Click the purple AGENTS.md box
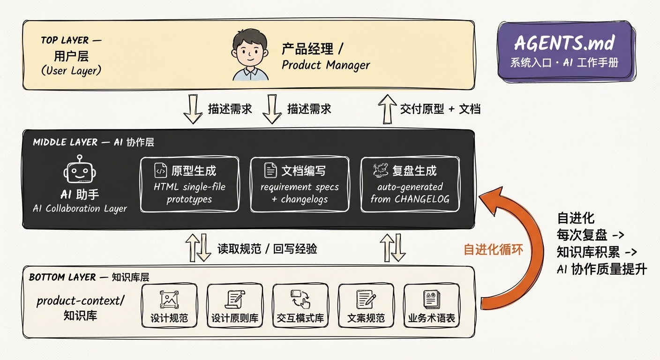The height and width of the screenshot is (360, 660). click(x=565, y=52)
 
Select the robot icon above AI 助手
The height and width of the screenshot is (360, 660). click(x=80, y=171)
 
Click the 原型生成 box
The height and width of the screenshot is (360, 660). click(x=189, y=184)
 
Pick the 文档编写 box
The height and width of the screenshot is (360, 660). click(x=300, y=184)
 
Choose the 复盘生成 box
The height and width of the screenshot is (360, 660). click(x=410, y=184)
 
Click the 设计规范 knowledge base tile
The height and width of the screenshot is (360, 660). click(x=169, y=306)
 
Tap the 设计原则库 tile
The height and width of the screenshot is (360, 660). click(x=235, y=306)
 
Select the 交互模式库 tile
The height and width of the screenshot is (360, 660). click(x=300, y=306)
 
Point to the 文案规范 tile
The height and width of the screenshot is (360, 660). click(x=366, y=306)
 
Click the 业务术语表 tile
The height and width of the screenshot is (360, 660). click(x=432, y=306)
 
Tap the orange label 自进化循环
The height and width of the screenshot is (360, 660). click(x=493, y=249)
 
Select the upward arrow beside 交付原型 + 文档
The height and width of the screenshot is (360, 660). click(x=387, y=109)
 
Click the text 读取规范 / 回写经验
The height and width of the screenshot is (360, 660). click(x=267, y=248)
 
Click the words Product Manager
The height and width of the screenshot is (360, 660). click(x=326, y=65)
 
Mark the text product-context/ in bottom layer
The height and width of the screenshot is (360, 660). click(x=81, y=300)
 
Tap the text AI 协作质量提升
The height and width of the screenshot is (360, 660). click(x=602, y=270)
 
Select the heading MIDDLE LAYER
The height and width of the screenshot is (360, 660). click(x=65, y=142)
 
